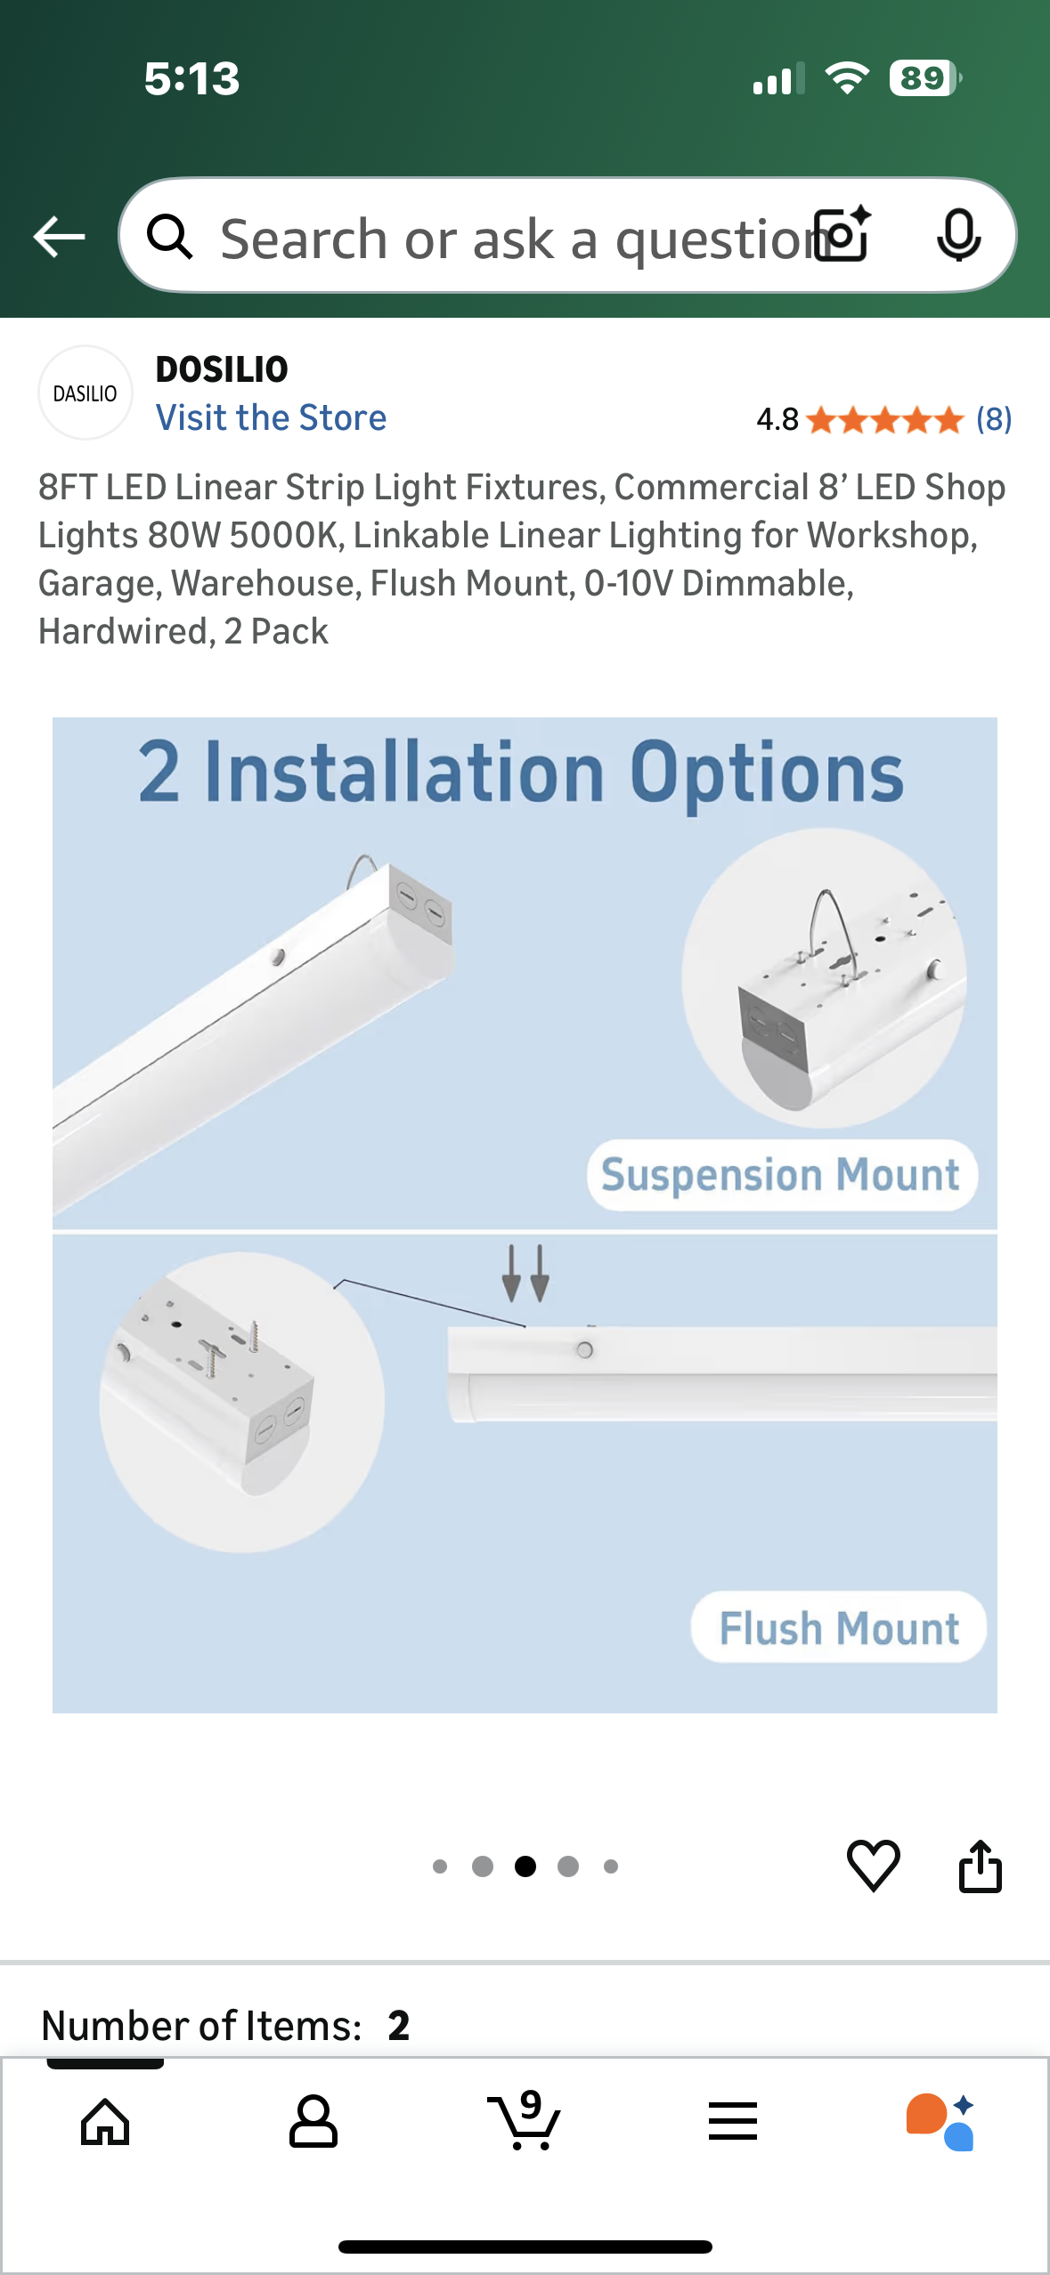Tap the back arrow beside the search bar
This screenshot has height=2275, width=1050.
59,237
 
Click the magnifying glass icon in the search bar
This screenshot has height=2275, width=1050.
169,237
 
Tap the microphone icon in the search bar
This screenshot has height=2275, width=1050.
959,236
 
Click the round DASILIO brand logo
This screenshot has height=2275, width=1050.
85,393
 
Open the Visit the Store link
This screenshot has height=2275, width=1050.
271,417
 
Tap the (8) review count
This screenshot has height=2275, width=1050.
993,418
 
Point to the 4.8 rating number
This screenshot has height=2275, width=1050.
777,418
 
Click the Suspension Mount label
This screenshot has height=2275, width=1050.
781,1175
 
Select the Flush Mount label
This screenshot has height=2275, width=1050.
838,1628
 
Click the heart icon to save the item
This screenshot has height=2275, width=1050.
873,1866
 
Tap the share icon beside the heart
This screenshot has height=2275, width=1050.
980,1866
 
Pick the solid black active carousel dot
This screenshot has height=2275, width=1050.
525,1866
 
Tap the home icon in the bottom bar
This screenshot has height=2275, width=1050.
105,2123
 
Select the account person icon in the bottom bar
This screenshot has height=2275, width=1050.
313,2123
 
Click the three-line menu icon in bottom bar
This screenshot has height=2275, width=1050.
733,2123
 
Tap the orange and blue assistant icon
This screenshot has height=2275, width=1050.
940,2123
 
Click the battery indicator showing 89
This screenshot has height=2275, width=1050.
924,78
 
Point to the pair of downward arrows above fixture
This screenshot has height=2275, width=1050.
525,1274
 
